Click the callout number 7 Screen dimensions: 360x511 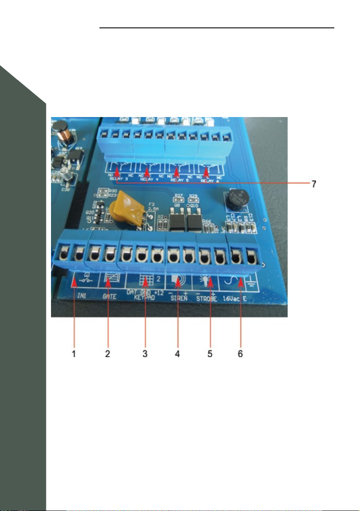pyautogui.click(x=314, y=183)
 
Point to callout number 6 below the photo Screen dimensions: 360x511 pyautogui.click(x=241, y=354)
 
